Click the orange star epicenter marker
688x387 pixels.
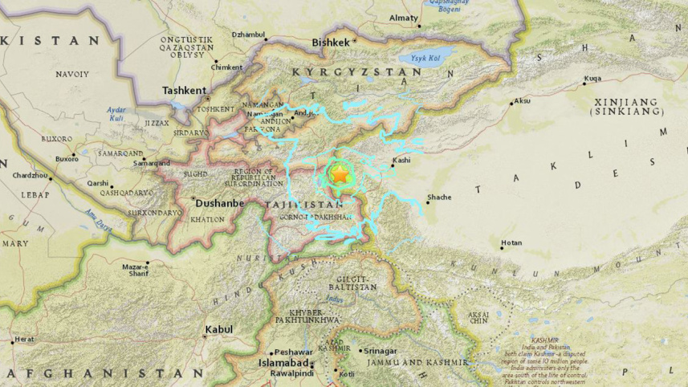tap(340, 173)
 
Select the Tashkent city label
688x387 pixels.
tap(185, 91)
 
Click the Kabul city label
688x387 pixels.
tap(218, 329)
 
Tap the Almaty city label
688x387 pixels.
tap(403, 18)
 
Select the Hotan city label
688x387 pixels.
tap(511, 242)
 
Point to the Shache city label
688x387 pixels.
tap(439, 197)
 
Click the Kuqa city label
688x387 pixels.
tap(592, 79)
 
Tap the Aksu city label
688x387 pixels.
tap(522, 101)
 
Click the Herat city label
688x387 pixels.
tap(24, 340)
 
